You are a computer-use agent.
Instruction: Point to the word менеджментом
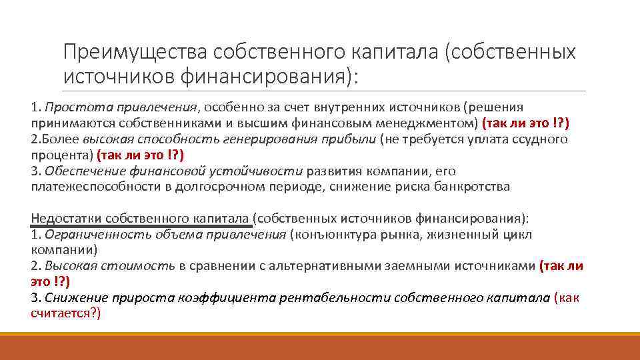click(433, 123)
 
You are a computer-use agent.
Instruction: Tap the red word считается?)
click(65, 313)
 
